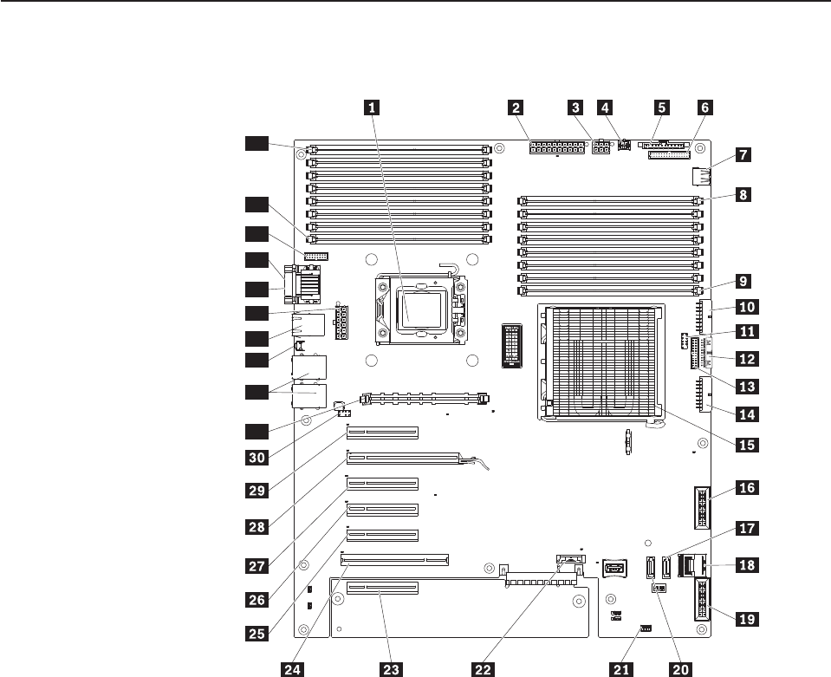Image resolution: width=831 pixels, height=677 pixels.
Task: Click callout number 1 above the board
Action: [373, 108]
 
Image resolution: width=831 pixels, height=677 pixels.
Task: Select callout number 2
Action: [516, 108]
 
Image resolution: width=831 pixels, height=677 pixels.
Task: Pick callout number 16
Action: [746, 487]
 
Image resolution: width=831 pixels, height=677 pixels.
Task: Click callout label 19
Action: [746, 619]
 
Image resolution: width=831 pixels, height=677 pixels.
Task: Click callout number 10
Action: [746, 306]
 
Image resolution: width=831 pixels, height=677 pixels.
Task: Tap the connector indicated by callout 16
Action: [700, 508]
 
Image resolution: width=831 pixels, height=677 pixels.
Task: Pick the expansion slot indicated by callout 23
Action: [382, 589]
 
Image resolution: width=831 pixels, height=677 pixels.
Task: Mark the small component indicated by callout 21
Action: [643, 627]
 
